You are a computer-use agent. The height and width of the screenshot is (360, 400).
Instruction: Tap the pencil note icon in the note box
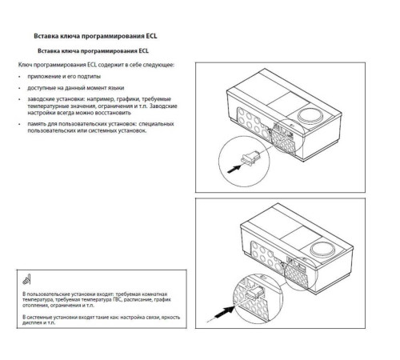click(26, 281)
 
